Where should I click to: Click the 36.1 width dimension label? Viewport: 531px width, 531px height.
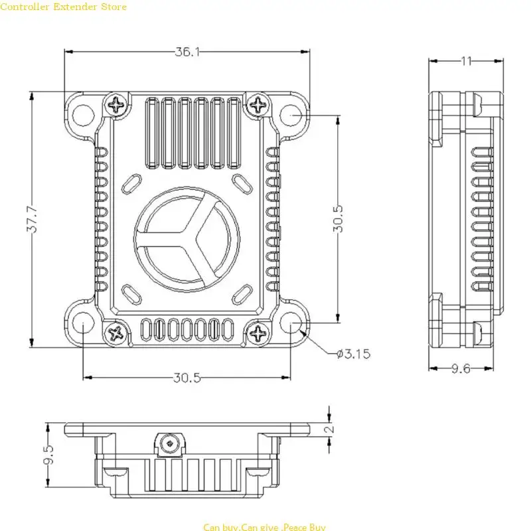click(x=188, y=52)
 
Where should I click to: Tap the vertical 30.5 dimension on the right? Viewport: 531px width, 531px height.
click(x=339, y=218)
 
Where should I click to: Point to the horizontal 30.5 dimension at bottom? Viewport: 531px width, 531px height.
click(x=187, y=378)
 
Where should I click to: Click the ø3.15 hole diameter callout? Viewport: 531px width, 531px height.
click(x=353, y=354)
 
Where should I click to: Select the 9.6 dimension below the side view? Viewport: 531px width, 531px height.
click(x=461, y=368)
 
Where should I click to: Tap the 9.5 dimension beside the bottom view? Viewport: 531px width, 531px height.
click(x=48, y=455)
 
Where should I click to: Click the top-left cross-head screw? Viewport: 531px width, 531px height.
click(x=117, y=104)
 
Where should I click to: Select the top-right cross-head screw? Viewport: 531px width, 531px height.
click(x=256, y=104)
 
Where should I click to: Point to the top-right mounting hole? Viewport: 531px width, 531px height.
click(x=292, y=114)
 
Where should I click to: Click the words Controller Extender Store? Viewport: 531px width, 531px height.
click(x=63, y=7)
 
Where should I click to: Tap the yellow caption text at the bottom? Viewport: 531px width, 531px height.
click(x=264, y=527)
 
